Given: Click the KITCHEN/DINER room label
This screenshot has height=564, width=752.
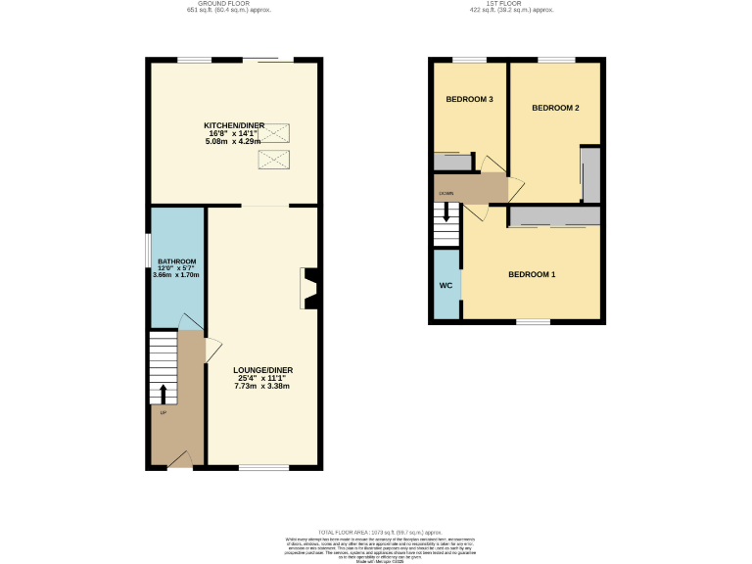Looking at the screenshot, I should coord(233,126).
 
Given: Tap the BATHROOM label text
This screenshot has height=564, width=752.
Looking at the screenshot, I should coord(176,261).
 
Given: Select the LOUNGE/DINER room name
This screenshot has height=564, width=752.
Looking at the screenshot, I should coord(262,370).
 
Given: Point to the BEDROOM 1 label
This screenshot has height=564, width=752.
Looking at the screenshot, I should coord(531,274).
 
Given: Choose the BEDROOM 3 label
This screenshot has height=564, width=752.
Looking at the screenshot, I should coord(469,100).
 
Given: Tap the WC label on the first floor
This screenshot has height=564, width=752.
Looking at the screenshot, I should coord(446,286).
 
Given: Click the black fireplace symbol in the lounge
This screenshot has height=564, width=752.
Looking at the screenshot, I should coord(309,289).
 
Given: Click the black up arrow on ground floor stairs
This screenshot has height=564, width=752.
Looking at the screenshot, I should coord(163,393).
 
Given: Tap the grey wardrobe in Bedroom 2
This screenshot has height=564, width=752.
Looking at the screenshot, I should coord(589,175).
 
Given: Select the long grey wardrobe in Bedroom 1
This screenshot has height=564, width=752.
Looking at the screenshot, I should coord(553,216).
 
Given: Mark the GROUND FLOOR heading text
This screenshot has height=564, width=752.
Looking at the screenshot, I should coord(228,4).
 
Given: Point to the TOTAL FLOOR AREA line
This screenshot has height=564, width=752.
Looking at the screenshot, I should coord(376,529).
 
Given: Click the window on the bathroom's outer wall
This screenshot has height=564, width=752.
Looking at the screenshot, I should coord(149,261).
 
